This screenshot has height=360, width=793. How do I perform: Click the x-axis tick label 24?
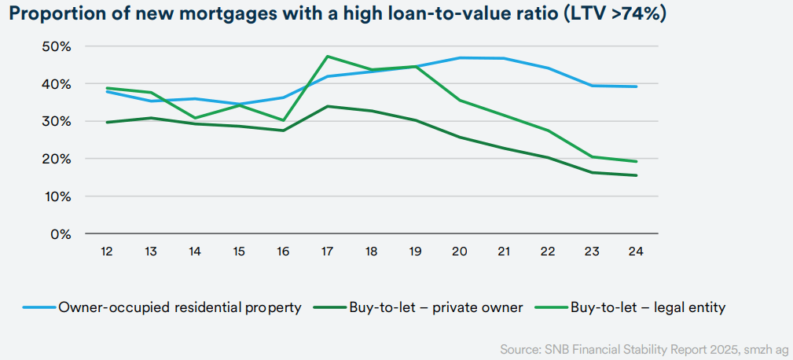635,252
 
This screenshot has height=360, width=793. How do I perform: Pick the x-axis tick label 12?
107,252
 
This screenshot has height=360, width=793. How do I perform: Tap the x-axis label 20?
459,252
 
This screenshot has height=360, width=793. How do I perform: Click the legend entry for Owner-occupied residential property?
180,307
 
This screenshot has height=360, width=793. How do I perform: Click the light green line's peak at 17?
328,57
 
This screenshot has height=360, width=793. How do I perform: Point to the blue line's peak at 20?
459,58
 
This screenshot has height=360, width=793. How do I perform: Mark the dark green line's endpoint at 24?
635,175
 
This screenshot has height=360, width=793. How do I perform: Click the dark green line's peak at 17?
328,106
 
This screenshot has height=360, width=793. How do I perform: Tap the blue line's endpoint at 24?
635,86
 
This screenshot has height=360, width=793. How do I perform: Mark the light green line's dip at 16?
283,120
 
